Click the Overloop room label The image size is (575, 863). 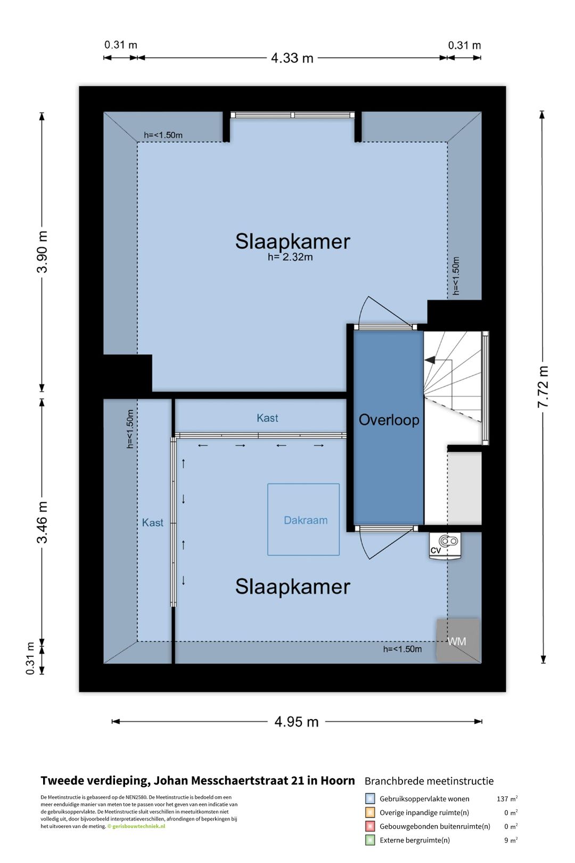point(389,420)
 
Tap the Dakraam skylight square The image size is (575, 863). point(303,519)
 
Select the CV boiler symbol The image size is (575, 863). point(445,546)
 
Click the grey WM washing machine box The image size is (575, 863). point(458,640)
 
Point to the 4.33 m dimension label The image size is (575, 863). point(292,58)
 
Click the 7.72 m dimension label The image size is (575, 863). point(543,387)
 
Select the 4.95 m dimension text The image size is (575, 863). point(297,722)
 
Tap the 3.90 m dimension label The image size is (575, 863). point(43,252)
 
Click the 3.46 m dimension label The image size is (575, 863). point(43,523)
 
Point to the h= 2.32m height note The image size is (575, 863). point(290,257)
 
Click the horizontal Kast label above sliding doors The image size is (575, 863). point(267,418)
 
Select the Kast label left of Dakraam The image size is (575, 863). point(152,523)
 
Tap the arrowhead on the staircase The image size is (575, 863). point(430,360)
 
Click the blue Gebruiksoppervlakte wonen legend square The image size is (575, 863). point(369,799)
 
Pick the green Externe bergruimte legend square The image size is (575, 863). point(369,840)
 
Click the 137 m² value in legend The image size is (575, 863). point(507,799)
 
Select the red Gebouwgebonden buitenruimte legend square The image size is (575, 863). point(369,826)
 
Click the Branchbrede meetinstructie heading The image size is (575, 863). point(429,781)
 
